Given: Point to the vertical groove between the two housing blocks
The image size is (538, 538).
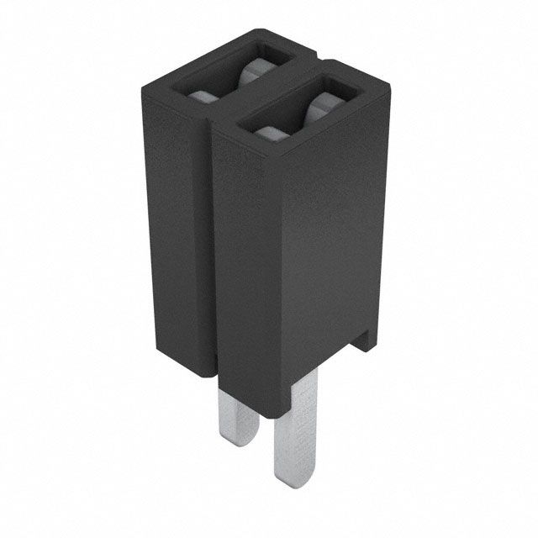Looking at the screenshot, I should click(209, 252).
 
